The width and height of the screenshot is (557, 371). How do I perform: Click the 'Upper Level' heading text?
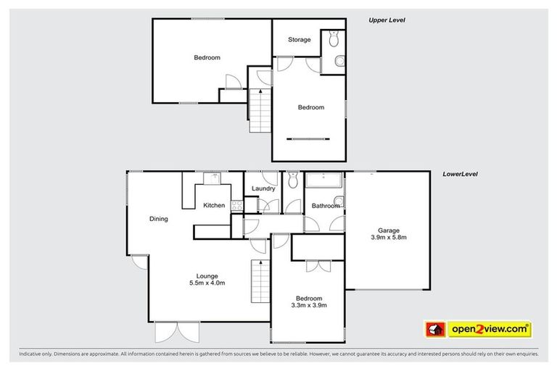(x=387, y=21)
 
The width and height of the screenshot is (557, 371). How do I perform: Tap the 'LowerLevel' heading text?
(x=460, y=175)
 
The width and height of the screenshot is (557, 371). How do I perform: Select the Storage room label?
(x=299, y=40)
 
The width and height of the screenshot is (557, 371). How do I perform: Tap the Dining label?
(x=159, y=219)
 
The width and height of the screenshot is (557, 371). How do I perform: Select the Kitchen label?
(x=213, y=206)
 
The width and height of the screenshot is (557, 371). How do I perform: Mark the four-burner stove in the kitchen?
(x=236, y=206)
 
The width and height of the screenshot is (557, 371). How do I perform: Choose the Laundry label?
(x=263, y=189)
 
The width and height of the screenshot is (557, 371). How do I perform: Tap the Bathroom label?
(x=325, y=206)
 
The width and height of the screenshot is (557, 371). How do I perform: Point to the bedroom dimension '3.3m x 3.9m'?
(x=309, y=306)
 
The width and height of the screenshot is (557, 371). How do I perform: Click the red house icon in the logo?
(x=434, y=330)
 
